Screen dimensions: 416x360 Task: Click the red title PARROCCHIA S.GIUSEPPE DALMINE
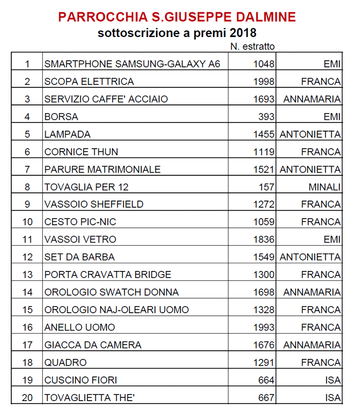click(x=177, y=16)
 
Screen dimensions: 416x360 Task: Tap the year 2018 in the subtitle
click(x=243, y=34)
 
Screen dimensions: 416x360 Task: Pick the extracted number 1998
click(x=264, y=82)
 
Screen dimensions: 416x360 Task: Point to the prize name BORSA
click(x=61, y=117)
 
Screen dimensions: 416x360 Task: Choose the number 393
click(x=266, y=117)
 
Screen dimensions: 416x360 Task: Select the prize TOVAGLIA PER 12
click(x=86, y=187)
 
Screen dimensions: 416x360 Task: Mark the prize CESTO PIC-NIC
click(x=80, y=222)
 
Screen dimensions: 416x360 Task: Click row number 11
click(x=27, y=240)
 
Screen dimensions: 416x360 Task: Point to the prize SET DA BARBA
click(x=80, y=257)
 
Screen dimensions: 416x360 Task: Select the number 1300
click(x=264, y=275)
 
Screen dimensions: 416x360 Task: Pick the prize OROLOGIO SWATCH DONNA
click(x=112, y=292)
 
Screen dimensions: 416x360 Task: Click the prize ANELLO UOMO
click(x=80, y=327)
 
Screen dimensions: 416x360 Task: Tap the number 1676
click(x=264, y=345)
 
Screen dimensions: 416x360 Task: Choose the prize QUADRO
click(x=65, y=363)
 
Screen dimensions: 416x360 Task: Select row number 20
click(x=27, y=397)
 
